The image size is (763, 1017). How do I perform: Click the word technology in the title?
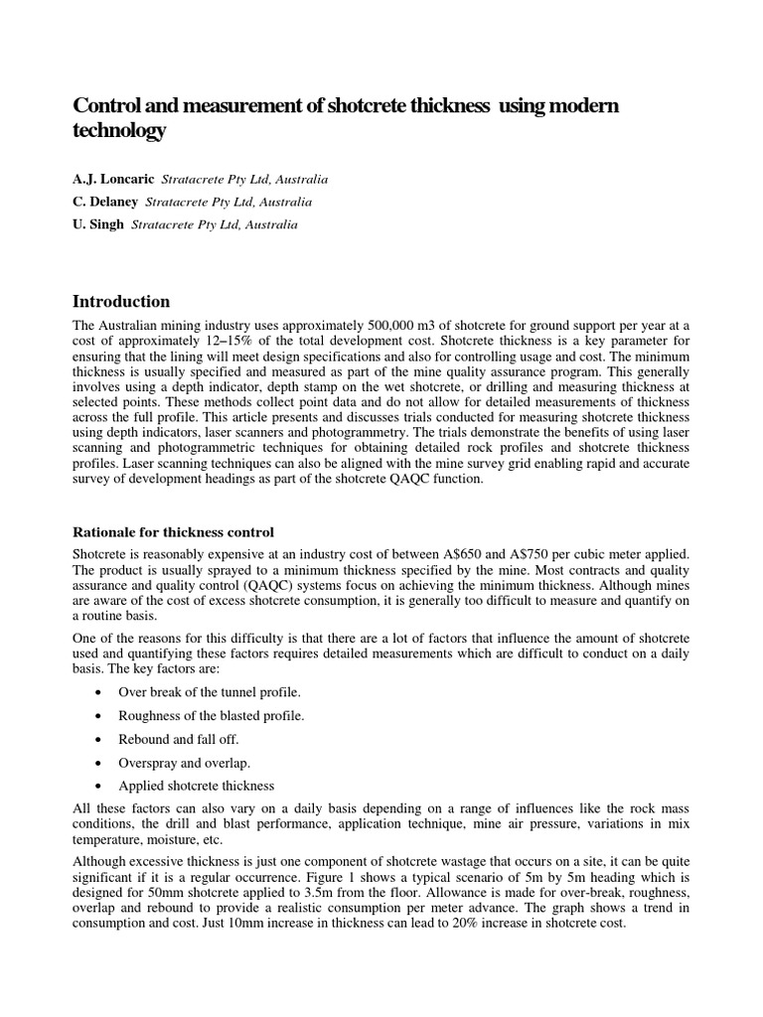(x=118, y=131)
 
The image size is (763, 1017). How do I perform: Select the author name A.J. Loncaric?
(x=111, y=180)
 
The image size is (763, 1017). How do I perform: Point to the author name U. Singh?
(x=98, y=224)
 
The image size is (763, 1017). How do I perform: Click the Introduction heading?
(x=121, y=301)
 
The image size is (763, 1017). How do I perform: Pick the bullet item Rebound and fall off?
(x=178, y=739)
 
